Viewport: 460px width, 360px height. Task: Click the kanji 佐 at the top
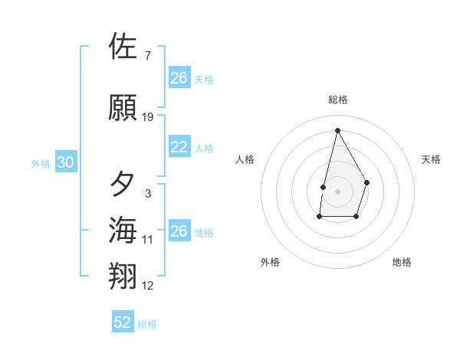(x=123, y=47)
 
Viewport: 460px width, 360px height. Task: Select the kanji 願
(x=123, y=108)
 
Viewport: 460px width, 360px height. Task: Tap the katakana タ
(x=123, y=185)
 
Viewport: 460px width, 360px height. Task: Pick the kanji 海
(x=123, y=231)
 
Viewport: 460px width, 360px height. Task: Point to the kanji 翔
(x=123, y=277)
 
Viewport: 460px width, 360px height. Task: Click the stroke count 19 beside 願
(x=148, y=117)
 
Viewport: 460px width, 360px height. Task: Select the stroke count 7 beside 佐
(x=147, y=56)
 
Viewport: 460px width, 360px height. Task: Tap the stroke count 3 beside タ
(x=147, y=194)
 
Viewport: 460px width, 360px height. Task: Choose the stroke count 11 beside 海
(x=148, y=240)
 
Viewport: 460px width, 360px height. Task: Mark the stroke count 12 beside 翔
(x=148, y=286)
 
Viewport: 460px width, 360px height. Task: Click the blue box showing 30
(x=65, y=162)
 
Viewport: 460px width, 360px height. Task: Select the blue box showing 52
(x=123, y=322)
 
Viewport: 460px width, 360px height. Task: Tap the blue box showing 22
(x=179, y=147)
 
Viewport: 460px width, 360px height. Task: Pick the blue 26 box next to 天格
(x=179, y=77)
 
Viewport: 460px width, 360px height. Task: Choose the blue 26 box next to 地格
(x=179, y=231)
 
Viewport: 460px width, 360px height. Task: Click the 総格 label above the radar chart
(x=338, y=100)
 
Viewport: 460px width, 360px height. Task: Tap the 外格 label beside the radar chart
(x=270, y=262)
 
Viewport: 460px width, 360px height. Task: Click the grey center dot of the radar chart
(x=337, y=190)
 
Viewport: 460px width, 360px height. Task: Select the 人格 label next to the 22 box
(x=204, y=148)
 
